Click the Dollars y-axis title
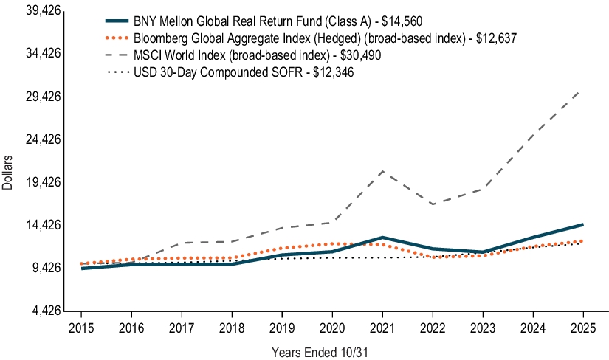click(7, 173)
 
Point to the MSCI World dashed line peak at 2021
click(382, 171)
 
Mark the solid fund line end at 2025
click(582, 224)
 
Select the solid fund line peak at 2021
click(382, 238)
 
